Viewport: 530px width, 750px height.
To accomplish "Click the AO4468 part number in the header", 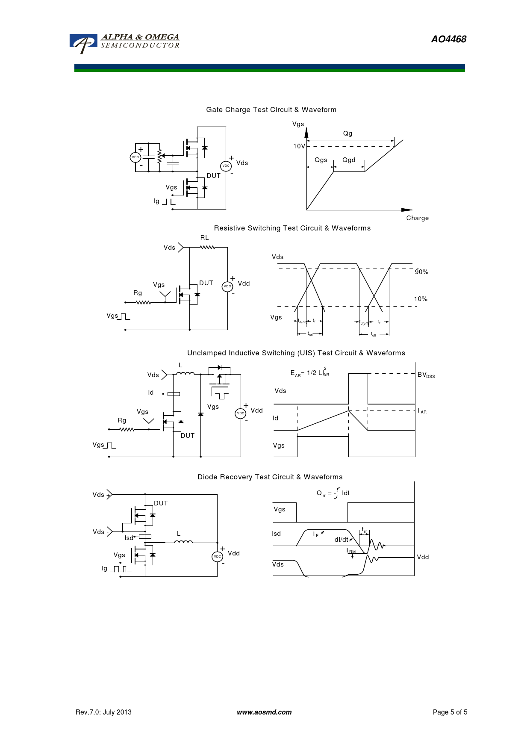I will (x=448, y=39).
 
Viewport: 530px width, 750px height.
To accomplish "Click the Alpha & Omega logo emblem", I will (x=84, y=44).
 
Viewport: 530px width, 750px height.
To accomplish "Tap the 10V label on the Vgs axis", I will (x=299, y=146).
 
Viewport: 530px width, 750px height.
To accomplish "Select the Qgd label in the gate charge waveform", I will (x=349, y=160).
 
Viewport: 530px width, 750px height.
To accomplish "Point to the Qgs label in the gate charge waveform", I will (x=321, y=160).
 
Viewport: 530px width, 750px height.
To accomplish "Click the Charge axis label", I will (x=417, y=218).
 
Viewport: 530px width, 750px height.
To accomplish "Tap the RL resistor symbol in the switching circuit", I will (x=207, y=248).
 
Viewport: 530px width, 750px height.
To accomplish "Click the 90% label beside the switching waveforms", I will (x=421, y=272).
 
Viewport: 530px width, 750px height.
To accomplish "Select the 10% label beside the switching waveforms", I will (x=421, y=299).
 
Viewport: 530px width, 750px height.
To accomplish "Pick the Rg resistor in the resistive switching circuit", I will (x=143, y=302).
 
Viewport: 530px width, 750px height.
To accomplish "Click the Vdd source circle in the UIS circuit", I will (x=241, y=413).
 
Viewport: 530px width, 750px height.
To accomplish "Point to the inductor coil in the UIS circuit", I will (x=185, y=374).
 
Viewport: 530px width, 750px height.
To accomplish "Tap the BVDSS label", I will (x=426, y=375).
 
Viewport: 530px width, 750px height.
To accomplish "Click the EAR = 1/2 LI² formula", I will (x=310, y=373).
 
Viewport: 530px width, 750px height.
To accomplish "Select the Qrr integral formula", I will (x=333, y=493).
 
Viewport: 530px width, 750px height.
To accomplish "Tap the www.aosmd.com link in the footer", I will (x=264, y=712).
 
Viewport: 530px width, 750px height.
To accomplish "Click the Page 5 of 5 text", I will (x=450, y=712).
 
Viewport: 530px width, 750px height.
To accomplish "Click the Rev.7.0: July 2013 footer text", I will (x=103, y=712).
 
